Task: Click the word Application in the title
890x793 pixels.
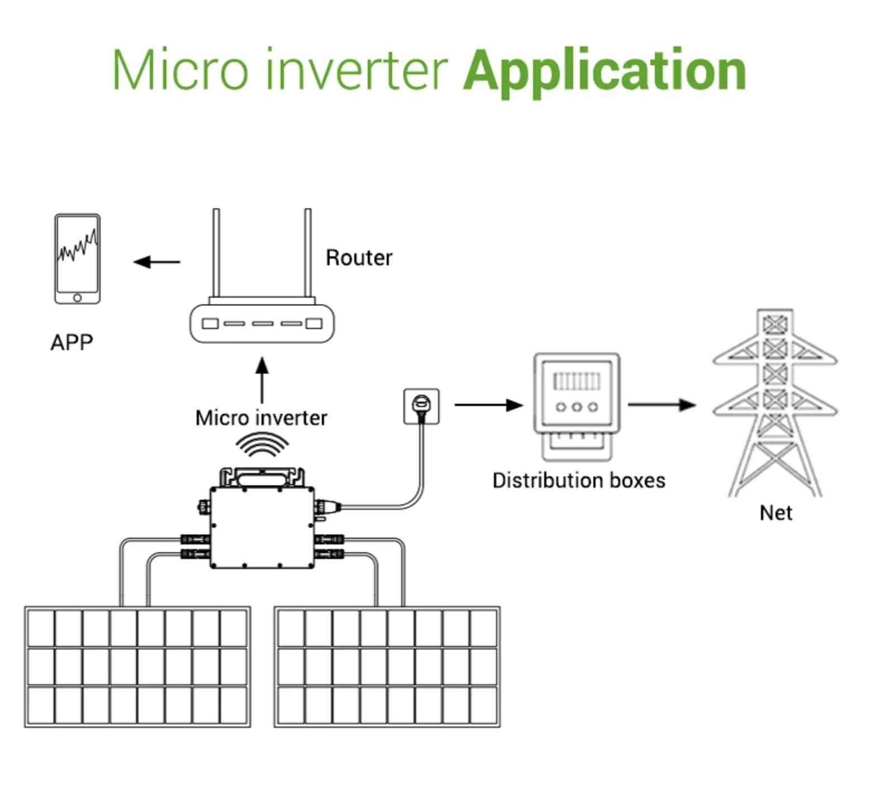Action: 605,71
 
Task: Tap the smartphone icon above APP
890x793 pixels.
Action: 77,259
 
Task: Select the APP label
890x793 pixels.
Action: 72,342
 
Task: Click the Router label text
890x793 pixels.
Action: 359,258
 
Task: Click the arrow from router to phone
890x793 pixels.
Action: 157,261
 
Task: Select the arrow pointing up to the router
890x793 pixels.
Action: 262,380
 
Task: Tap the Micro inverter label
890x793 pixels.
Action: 261,418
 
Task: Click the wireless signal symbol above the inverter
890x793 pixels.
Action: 262,445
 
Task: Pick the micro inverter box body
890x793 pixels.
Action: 262,528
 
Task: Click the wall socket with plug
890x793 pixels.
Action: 421,406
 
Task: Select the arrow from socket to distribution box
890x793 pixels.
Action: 488,405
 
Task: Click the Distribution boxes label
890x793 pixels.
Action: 579,481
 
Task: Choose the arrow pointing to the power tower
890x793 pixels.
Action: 661,405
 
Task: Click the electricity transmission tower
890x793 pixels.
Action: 775,402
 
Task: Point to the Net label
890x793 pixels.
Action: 775,513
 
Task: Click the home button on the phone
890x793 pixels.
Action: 77,298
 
